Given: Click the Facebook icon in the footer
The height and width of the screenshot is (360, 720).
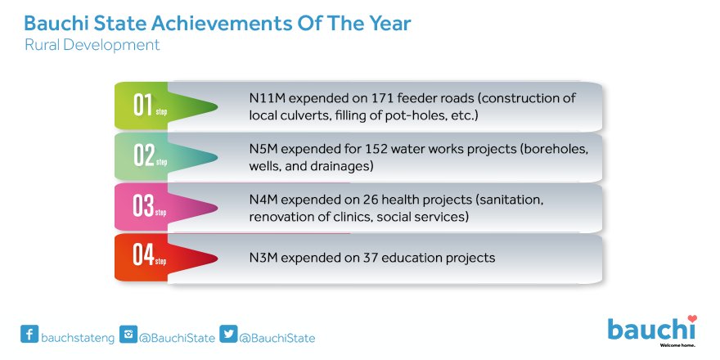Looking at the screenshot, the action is (x=29, y=334).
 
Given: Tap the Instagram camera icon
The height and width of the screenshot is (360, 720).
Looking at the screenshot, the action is (x=128, y=334).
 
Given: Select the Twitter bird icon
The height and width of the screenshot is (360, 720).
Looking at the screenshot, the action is (x=228, y=334).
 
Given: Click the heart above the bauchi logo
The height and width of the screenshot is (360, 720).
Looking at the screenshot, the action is (x=692, y=318).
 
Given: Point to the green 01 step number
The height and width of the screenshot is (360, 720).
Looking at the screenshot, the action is (x=143, y=106).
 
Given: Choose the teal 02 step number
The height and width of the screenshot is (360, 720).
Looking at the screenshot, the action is (x=143, y=155).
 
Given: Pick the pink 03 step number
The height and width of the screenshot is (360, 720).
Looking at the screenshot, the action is (x=143, y=206).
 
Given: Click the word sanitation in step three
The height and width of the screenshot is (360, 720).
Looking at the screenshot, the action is (x=511, y=200).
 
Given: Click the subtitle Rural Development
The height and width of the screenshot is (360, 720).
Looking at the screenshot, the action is (x=92, y=45).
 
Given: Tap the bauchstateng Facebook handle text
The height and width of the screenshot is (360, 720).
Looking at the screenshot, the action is (x=78, y=339).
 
